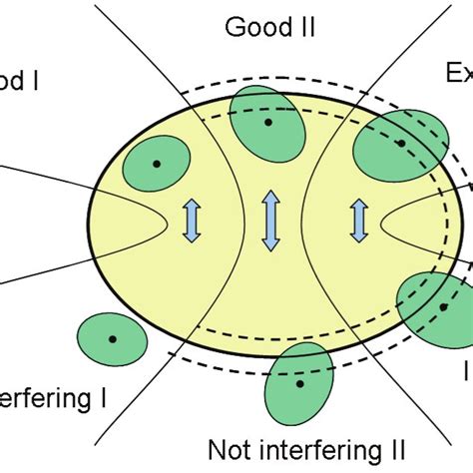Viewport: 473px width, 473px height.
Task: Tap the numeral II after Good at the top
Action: tap(304, 26)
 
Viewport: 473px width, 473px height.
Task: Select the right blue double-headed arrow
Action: tap(358, 220)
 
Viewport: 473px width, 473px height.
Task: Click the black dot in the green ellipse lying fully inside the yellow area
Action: tap(156, 163)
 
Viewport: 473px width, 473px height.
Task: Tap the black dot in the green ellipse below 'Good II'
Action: tap(267, 122)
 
